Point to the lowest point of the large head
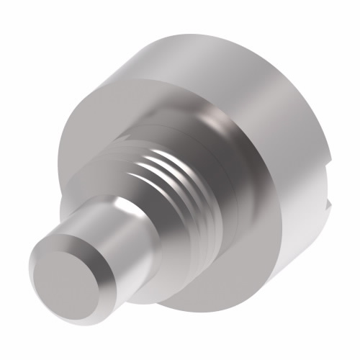[x=209, y=308]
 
